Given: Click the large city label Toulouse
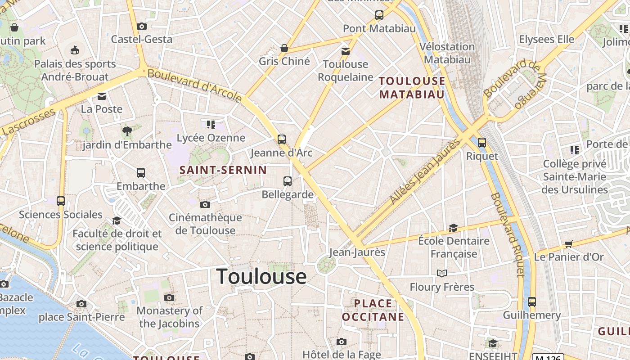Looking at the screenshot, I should pos(261,276).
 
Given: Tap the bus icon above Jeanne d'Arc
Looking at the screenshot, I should pos(282,139).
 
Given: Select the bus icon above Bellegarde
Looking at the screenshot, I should pos(288,181).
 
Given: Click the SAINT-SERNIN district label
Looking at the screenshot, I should pos(223,170).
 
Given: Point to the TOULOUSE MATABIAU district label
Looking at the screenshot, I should pos(412,87).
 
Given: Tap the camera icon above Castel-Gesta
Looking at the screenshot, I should pos(142,26).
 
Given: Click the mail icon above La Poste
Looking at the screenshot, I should pos(102,96).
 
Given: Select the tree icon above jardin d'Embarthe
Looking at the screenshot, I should pos(127,131).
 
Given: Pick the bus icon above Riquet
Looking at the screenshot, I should pos(482,143).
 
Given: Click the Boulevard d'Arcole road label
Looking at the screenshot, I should pos(195,85).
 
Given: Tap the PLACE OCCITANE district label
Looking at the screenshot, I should pos(373,310).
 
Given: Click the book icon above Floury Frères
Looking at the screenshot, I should pos(442,273).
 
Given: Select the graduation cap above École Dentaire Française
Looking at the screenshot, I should pos(453,228).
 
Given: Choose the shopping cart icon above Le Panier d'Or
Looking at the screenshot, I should pos(569,244).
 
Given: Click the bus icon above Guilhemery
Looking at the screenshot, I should pos(532,301).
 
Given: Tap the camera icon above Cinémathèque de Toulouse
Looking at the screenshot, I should pos(205,205).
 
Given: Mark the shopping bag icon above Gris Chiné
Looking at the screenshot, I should pos(284,48).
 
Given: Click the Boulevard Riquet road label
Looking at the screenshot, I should pos(508,234).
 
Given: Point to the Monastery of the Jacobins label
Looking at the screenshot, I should pos(169,317).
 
